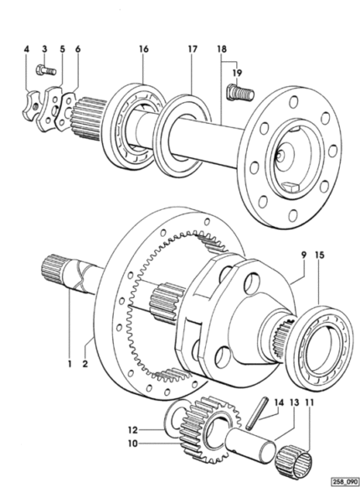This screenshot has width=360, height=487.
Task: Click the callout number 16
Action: coord(144,49)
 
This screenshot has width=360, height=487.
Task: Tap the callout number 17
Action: coord(193,49)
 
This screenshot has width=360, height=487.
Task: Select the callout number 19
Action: coord(237,73)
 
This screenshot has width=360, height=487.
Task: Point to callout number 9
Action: coord(304,255)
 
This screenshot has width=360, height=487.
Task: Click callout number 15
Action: coord(319,255)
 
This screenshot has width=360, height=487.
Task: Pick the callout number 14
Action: coord(279,402)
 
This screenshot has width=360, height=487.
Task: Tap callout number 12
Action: coord(133,430)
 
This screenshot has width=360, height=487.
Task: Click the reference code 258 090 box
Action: coord(345,482)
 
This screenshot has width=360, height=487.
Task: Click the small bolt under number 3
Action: coord(46,70)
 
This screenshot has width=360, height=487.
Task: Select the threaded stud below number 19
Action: coord(240,92)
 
